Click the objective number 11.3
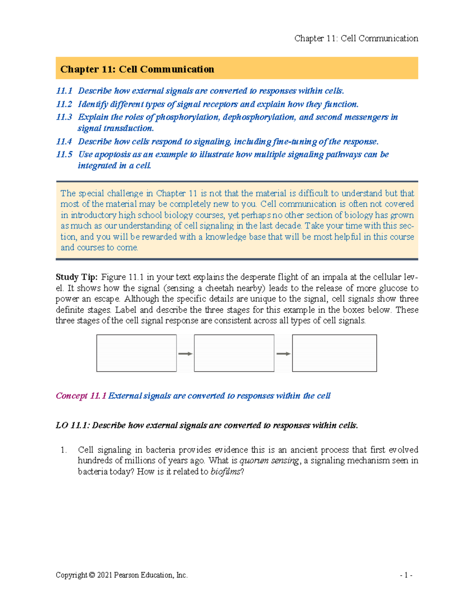click(64, 117)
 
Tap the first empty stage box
click(136, 353)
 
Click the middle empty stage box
click(234, 353)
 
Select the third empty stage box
click(334, 353)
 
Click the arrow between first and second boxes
click(185, 354)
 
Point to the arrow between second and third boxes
click(283, 354)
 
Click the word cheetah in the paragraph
click(220, 288)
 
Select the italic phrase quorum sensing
click(269, 460)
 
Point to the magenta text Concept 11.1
click(81, 396)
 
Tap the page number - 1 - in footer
click(406, 575)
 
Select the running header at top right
click(356, 38)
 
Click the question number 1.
click(64, 450)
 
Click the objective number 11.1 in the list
click(64, 91)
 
